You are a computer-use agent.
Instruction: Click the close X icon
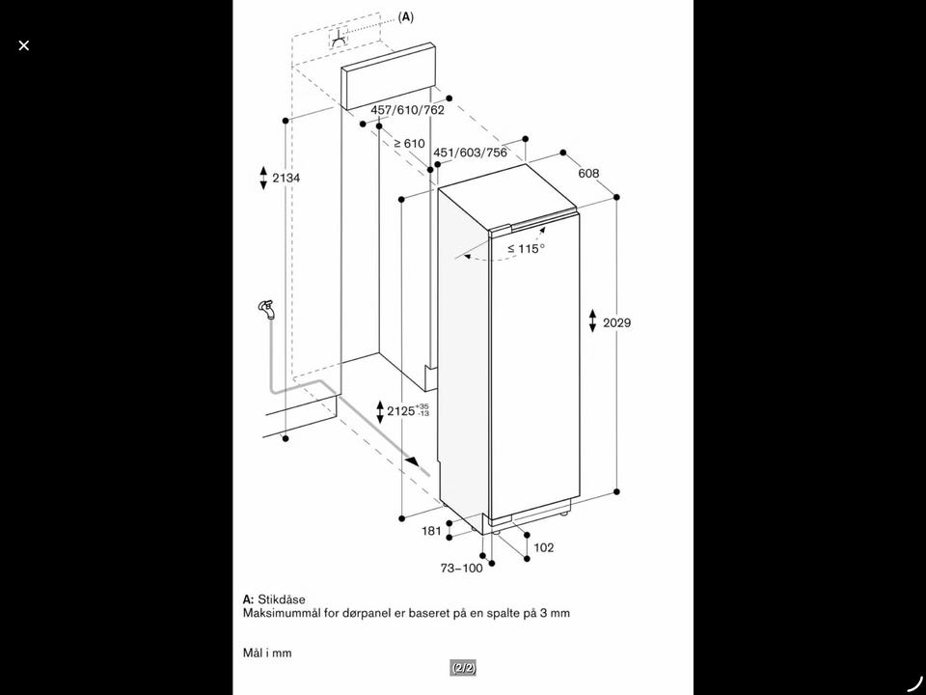(x=23, y=45)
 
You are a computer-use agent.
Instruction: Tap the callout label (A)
(x=406, y=16)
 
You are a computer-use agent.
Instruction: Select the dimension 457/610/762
(x=407, y=110)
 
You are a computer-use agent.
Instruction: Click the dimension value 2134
(x=286, y=178)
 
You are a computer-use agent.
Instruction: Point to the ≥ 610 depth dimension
(x=409, y=143)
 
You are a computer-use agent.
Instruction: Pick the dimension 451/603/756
(x=470, y=153)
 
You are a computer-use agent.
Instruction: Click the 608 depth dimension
(x=588, y=173)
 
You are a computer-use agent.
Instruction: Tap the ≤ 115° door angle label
(x=527, y=249)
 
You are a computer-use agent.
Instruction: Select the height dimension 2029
(x=616, y=322)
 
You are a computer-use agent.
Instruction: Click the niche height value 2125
(x=401, y=411)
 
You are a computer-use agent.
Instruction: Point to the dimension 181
(x=432, y=531)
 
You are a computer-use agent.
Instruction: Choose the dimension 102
(x=544, y=548)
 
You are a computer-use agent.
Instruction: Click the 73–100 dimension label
(x=462, y=568)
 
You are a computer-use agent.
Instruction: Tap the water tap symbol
(x=267, y=309)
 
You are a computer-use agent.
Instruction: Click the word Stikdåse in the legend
(x=282, y=599)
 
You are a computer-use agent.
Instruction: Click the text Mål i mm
(x=267, y=653)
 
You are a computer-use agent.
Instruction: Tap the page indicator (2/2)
(x=464, y=668)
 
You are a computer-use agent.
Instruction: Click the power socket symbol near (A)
(x=339, y=39)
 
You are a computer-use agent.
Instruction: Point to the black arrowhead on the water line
(x=415, y=461)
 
